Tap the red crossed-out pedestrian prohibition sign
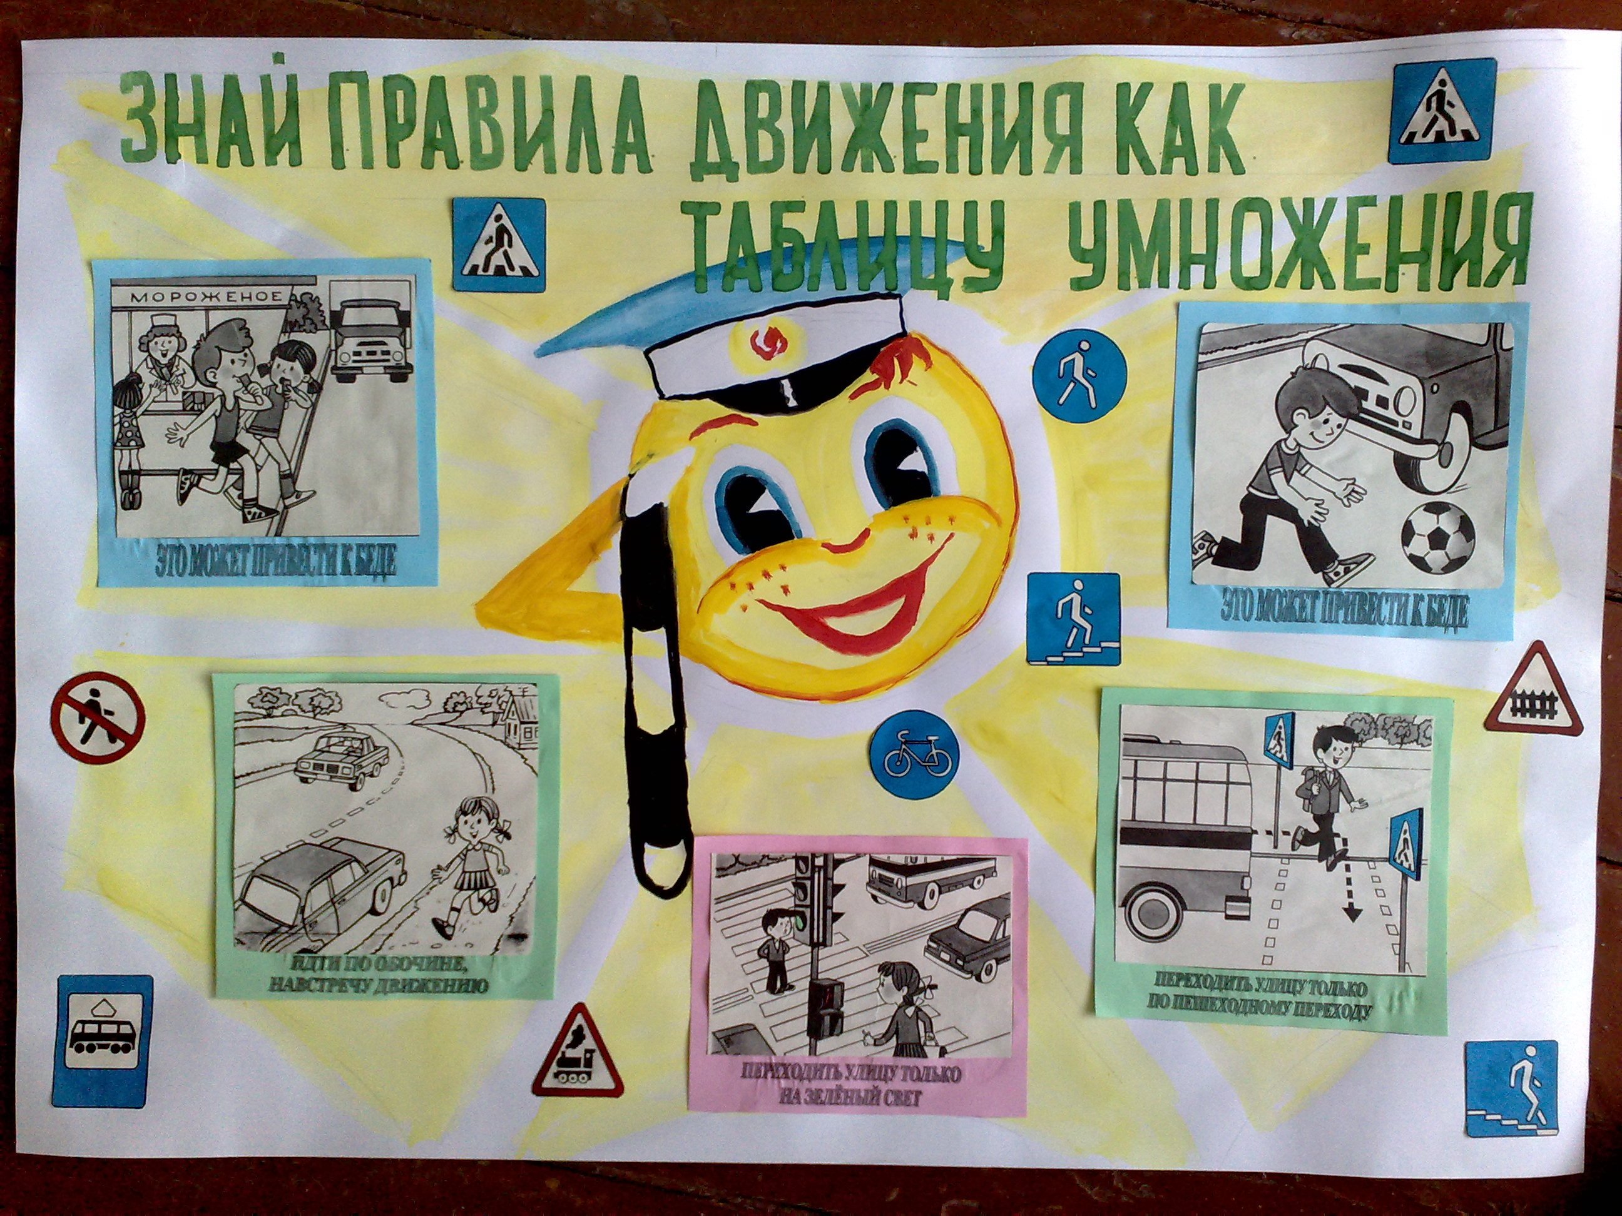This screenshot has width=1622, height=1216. [x=98, y=718]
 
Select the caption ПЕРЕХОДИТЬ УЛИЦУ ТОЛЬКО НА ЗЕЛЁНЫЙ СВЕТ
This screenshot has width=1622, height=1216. [x=850, y=1087]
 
